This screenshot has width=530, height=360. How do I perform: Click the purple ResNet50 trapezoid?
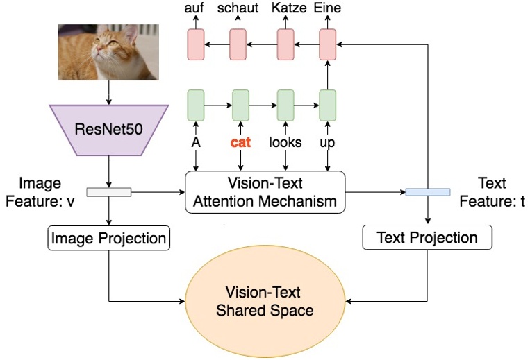click(109, 130)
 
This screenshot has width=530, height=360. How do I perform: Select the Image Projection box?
click(108, 238)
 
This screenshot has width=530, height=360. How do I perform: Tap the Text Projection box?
click(427, 237)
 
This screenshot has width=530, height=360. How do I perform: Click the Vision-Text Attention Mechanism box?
click(265, 192)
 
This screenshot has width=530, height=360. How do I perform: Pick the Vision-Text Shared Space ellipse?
click(265, 301)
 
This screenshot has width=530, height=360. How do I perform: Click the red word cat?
click(240, 142)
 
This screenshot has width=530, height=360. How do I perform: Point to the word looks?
click(285, 142)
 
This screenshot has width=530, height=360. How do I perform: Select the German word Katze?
click(289, 8)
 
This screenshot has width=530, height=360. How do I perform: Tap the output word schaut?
click(238, 8)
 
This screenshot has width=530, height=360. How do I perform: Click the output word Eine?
click(327, 8)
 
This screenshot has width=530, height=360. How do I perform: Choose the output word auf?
click(194, 8)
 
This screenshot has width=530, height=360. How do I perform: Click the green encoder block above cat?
click(240, 105)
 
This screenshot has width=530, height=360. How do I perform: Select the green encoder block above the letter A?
click(196, 105)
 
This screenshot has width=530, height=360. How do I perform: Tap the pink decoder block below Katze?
click(285, 44)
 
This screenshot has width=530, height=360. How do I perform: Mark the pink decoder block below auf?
click(196, 44)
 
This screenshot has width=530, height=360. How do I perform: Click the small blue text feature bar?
click(428, 192)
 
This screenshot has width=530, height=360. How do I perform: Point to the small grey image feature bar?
click(109, 192)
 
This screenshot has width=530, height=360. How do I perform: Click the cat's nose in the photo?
click(99, 49)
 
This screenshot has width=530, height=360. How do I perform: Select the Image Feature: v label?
click(40, 192)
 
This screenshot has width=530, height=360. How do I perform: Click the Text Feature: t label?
click(492, 192)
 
